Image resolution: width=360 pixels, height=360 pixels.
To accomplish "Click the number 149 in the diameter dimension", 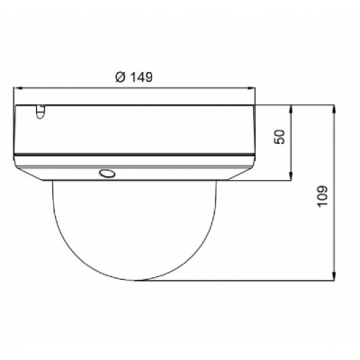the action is [141, 77].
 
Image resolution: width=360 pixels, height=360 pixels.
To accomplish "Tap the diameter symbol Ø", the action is [121, 77].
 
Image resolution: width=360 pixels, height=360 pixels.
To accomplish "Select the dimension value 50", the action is [279, 137].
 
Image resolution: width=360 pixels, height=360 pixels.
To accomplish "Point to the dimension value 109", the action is [322, 196].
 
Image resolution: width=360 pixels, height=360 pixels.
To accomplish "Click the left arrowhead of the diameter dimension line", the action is [18, 88].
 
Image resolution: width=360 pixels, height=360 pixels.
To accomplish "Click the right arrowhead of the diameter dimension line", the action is [251, 88].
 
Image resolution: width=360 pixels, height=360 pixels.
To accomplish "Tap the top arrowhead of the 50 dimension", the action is [291, 109].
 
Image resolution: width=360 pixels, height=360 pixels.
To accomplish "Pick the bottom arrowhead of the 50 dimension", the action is [291, 176].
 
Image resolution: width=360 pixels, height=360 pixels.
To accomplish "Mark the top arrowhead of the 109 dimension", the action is [334, 109].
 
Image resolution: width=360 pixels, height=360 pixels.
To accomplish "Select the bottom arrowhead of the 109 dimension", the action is [334, 276].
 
